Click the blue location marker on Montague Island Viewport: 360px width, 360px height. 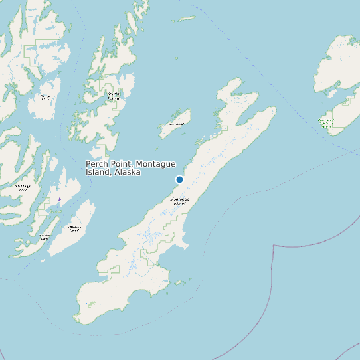pos(179,179)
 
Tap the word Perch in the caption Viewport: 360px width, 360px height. pos(97,164)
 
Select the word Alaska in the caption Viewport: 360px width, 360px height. pos(127,172)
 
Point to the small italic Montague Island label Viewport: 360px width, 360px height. pos(179,201)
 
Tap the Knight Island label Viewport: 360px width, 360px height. pos(114,96)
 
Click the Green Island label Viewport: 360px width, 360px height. pos(176,124)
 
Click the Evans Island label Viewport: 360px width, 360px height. pos(45,236)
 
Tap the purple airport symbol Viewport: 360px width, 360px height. pos(59,199)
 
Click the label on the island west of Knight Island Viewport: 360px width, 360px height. pos(45,98)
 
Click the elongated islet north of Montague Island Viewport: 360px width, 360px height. pos(185,19)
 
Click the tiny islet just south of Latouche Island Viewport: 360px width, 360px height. pos(45,260)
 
